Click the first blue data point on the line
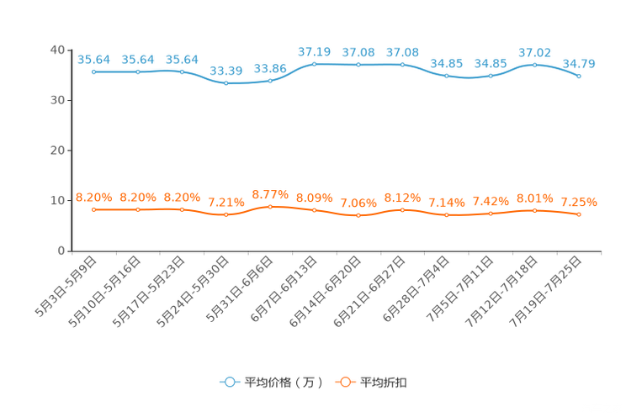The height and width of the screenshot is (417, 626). [x=93, y=72]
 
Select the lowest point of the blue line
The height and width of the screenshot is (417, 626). [x=225, y=83]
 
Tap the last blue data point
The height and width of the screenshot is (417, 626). [x=579, y=77]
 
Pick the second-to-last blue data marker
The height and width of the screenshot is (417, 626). [x=534, y=65]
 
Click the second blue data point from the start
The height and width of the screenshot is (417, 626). [x=138, y=72]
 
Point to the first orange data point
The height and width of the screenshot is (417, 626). [x=93, y=209]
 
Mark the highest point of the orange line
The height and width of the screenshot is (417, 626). [x=270, y=205]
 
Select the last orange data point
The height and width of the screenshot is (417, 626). [x=579, y=214]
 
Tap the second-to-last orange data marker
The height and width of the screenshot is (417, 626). [x=534, y=210]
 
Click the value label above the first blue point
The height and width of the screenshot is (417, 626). [x=93, y=60]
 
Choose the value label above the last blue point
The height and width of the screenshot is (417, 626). [x=579, y=63]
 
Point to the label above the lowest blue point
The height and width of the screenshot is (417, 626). [x=225, y=70]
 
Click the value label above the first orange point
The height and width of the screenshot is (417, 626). [x=93, y=197]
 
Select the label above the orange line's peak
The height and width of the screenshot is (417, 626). [x=270, y=193]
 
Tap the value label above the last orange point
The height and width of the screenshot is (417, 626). [x=579, y=202]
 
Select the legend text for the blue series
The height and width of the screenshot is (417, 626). [x=284, y=383]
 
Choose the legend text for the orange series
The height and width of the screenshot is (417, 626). [x=385, y=383]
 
